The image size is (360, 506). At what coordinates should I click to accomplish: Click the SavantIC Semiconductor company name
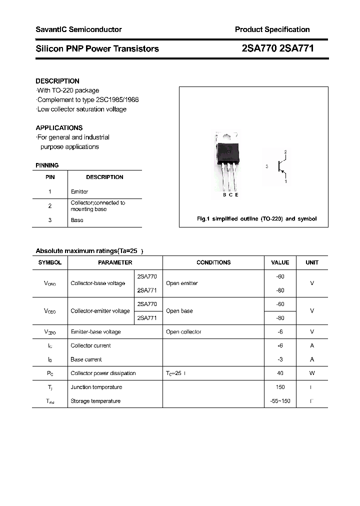(x=78, y=29)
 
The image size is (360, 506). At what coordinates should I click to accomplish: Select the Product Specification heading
(x=272, y=29)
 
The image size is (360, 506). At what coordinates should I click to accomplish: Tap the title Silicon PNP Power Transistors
(x=97, y=48)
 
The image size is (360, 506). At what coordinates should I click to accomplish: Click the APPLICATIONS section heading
(x=59, y=127)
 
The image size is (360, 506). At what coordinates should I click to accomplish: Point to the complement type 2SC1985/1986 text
(x=88, y=99)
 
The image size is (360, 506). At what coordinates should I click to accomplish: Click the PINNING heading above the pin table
(x=47, y=165)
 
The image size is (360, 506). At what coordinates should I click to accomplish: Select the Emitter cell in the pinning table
(x=79, y=191)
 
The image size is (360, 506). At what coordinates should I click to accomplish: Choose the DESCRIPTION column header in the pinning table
(x=104, y=177)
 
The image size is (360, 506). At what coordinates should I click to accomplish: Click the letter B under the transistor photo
(x=224, y=195)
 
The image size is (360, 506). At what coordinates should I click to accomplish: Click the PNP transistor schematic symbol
(x=281, y=166)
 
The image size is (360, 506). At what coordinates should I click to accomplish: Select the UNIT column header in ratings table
(x=312, y=262)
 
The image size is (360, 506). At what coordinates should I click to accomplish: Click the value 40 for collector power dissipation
(x=280, y=373)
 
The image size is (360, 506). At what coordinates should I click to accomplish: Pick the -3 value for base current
(x=280, y=359)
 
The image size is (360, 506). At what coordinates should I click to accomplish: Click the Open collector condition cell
(x=183, y=331)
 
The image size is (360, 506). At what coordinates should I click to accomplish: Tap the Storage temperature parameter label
(x=95, y=401)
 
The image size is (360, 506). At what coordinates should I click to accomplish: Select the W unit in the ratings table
(x=312, y=373)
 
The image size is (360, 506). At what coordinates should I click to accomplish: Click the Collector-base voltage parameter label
(x=98, y=283)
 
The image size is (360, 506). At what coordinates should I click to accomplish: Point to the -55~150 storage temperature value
(x=280, y=401)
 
